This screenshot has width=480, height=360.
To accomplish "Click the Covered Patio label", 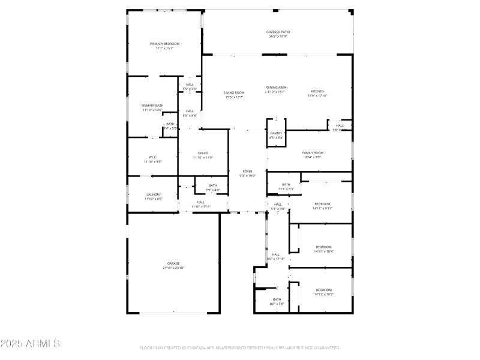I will click(277, 32).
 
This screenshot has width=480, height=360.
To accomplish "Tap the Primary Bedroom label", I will click(164, 44).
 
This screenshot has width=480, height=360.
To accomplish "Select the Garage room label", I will click(173, 263).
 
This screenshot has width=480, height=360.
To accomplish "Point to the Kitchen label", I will click(317, 92).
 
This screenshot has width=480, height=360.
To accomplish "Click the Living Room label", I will click(234, 92).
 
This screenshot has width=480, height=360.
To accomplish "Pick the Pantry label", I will click(276, 133).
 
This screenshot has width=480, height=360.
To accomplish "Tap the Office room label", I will click(203, 154).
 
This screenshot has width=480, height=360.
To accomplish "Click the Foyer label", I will click(248, 171).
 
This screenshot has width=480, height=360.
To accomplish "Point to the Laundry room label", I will click(154, 194).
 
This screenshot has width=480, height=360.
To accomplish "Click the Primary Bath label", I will click(152, 106).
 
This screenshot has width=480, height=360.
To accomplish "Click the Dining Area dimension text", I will click(276, 92).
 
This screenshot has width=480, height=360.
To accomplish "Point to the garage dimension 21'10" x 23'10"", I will click(173, 268).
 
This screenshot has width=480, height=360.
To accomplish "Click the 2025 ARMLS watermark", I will click(30, 344).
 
